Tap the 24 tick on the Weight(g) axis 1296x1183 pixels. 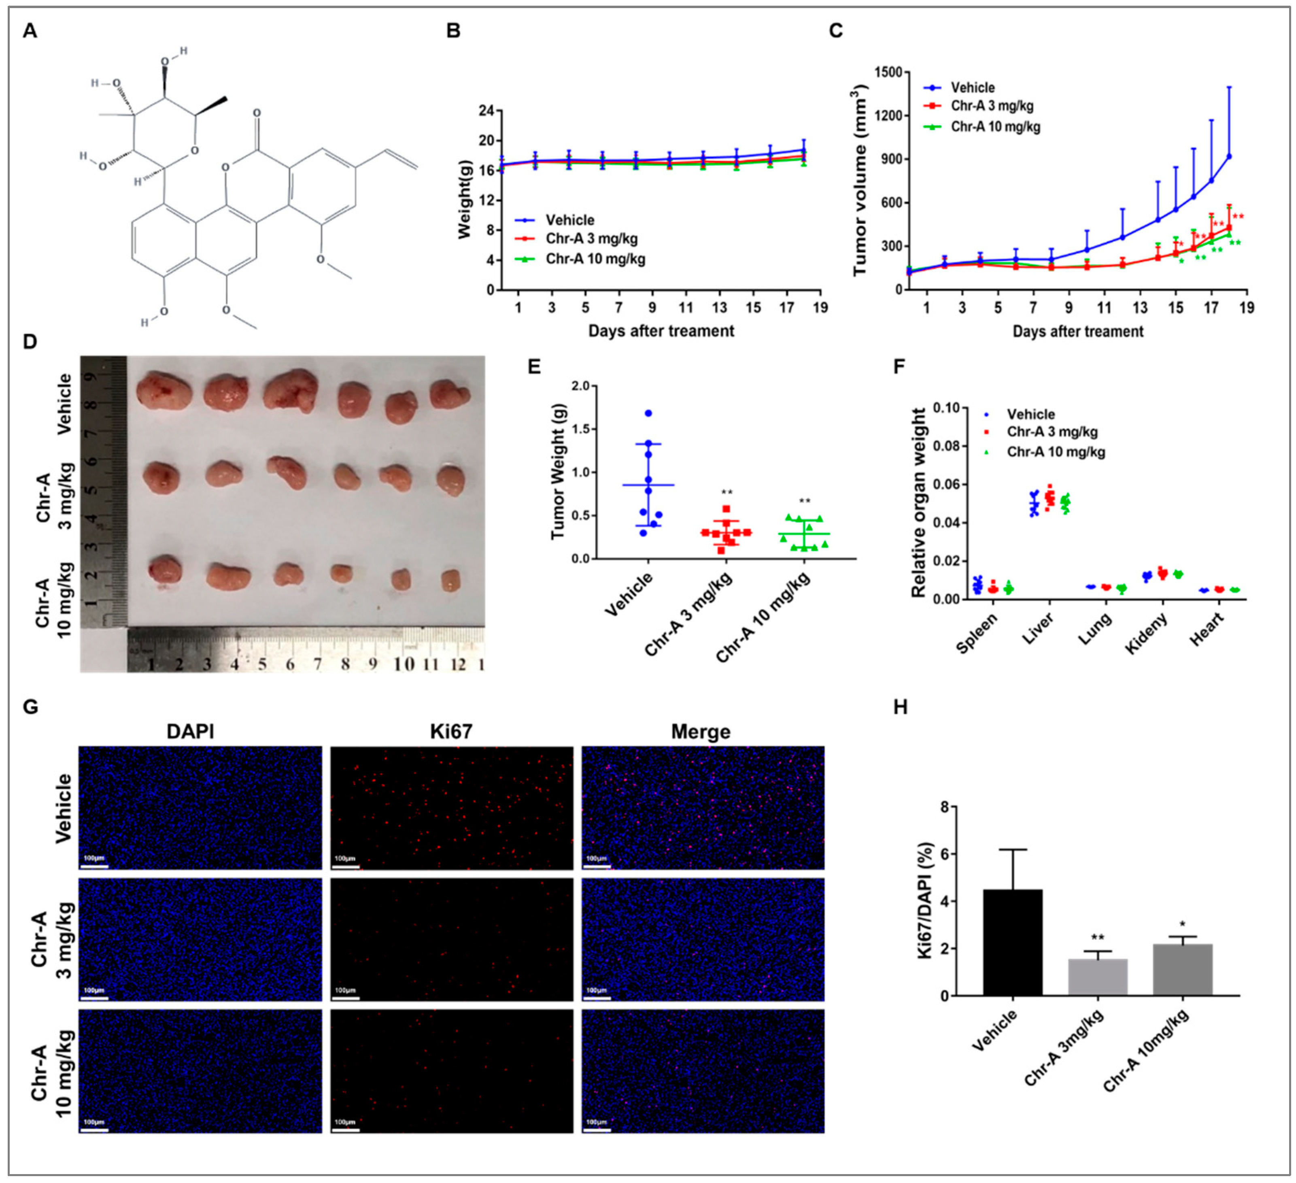[487, 111]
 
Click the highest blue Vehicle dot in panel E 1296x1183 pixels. [648, 413]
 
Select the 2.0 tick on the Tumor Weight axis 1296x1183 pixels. [580, 386]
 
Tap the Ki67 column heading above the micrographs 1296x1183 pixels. [451, 732]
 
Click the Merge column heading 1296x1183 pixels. [701, 732]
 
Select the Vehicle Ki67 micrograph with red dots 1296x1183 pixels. [451, 808]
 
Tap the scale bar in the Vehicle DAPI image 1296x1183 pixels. [94, 866]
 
